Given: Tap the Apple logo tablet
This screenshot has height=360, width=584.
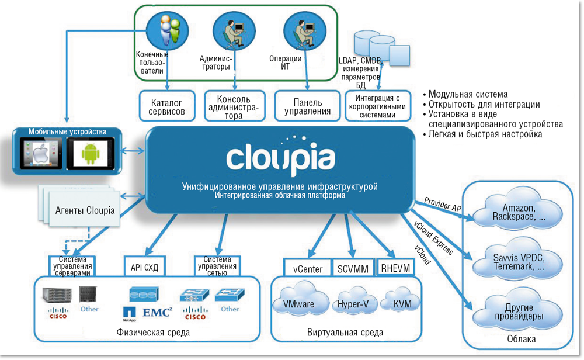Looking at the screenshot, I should point(40,154).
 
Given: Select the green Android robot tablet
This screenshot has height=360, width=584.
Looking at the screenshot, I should point(91,154).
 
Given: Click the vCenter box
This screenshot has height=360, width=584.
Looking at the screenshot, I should point(307,268).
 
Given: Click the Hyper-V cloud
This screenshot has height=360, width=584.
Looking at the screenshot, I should point(352,304).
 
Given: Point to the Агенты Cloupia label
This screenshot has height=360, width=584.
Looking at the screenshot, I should point(85,210).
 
